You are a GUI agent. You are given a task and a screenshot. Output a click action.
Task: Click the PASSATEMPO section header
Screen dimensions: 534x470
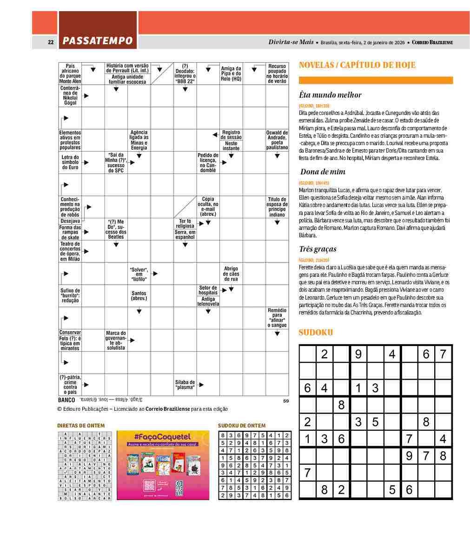click(x=98, y=41)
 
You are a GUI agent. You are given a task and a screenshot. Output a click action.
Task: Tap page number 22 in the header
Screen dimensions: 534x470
click(x=51, y=42)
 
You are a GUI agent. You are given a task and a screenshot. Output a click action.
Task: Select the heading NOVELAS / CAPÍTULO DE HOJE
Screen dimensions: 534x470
click(x=357, y=65)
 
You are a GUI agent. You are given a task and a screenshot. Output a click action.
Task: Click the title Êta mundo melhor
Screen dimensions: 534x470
click(x=330, y=95)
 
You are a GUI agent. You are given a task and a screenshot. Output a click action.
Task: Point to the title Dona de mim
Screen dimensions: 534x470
click(x=323, y=172)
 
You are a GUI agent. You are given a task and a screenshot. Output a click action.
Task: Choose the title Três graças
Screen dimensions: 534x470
click(x=318, y=249)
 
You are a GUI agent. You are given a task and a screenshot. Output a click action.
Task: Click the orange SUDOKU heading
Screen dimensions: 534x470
click(x=316, y=333)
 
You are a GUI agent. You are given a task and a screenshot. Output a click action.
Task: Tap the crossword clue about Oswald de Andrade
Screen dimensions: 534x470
click(x=277, y=140)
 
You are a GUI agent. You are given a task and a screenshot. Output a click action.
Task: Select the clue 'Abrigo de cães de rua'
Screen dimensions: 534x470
click(x=231, y=274)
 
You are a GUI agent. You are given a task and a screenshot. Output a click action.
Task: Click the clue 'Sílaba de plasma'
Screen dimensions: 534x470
click(x=185, y=385)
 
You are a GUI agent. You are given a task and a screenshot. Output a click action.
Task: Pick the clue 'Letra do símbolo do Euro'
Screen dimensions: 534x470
click(x=70, y=162)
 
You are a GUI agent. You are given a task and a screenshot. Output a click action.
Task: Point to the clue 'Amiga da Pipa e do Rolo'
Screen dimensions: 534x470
click(x=231, y=74)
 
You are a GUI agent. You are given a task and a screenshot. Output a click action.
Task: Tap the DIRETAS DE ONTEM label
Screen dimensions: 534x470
click(x=81, y=426)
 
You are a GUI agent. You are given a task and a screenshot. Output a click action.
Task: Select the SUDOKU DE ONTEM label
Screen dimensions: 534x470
click(x=242, y=426)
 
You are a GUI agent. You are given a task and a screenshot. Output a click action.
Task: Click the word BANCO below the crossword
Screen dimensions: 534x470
click(x=66, y=400)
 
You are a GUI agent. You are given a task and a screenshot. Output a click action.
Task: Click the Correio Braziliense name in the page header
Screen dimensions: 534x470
click(x=432, y=42)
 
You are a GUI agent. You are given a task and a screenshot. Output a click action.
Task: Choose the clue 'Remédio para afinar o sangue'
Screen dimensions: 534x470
click(x=277, y=317)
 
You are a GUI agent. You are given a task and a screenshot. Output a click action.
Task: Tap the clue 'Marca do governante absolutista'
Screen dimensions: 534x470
click(x=116, y=340)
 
